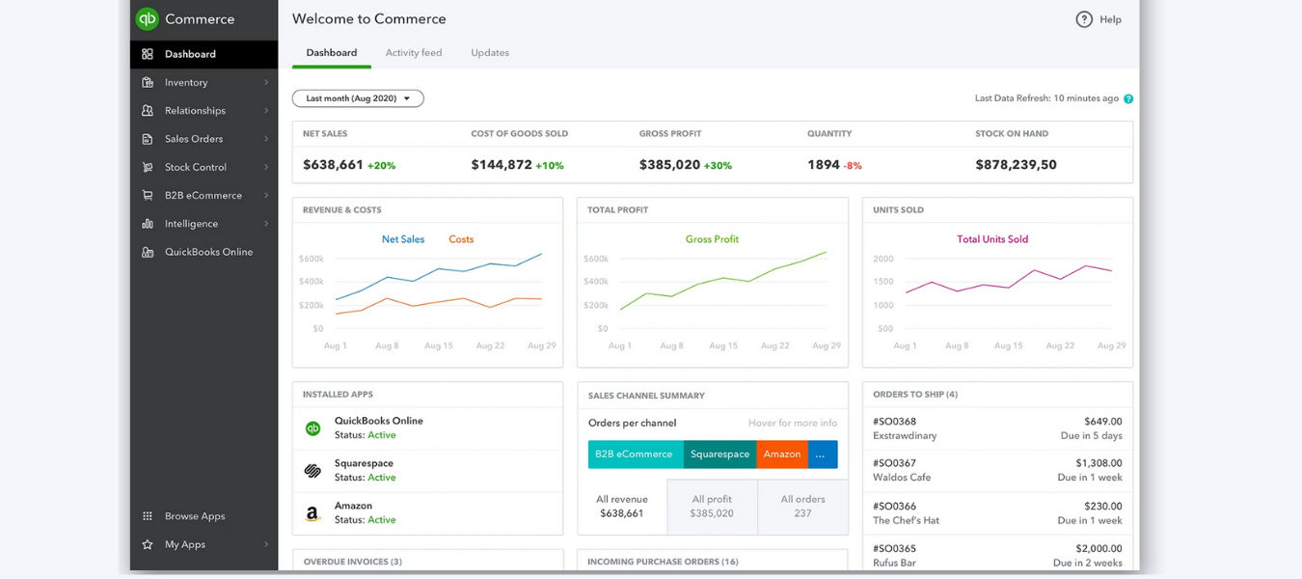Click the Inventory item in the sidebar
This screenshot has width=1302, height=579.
pyautogui.click(x=186, y=83)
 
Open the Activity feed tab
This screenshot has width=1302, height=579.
pyautogui.click(x=413, y=53)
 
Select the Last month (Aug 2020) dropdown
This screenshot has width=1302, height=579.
pyautogui.click(x=358, y=98)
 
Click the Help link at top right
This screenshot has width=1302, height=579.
pyautogui.click(x=1099, y=19)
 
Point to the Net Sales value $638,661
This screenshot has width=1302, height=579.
pyautogui.click(x=333, y=165)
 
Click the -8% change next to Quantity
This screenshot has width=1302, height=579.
pyautogui.click(x=853, y=166)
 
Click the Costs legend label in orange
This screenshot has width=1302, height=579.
pyautogui.click(x=461, y=239)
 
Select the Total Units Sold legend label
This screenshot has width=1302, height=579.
pyautogui.click(x=991, y=239)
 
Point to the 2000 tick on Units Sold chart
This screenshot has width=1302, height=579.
pyautogui.click(x=882, y=259)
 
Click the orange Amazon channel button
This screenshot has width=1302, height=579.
pyautogui.click(x=781, y=455)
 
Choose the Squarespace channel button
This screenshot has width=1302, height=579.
pyautogui.click(x=719, y=455)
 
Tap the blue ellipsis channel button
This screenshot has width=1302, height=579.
pyautogui.click(x=822, y=455)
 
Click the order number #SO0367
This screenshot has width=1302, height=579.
pyautogui.click(x=894, y=464)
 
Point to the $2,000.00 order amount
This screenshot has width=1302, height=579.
pyautogui.click(x=1099, y=548)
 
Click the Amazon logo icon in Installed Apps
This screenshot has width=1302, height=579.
pyautogui.click(x=312, y=513)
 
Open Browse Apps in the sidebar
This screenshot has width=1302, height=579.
pyautogui.click(x=194, y=516)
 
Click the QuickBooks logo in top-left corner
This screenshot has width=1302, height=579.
pyautogui.click(x=147, y=19)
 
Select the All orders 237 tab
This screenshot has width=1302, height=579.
pyautogui.click(x=802, y=507)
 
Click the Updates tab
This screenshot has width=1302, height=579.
pyautogui.click(x=490, y=53)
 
